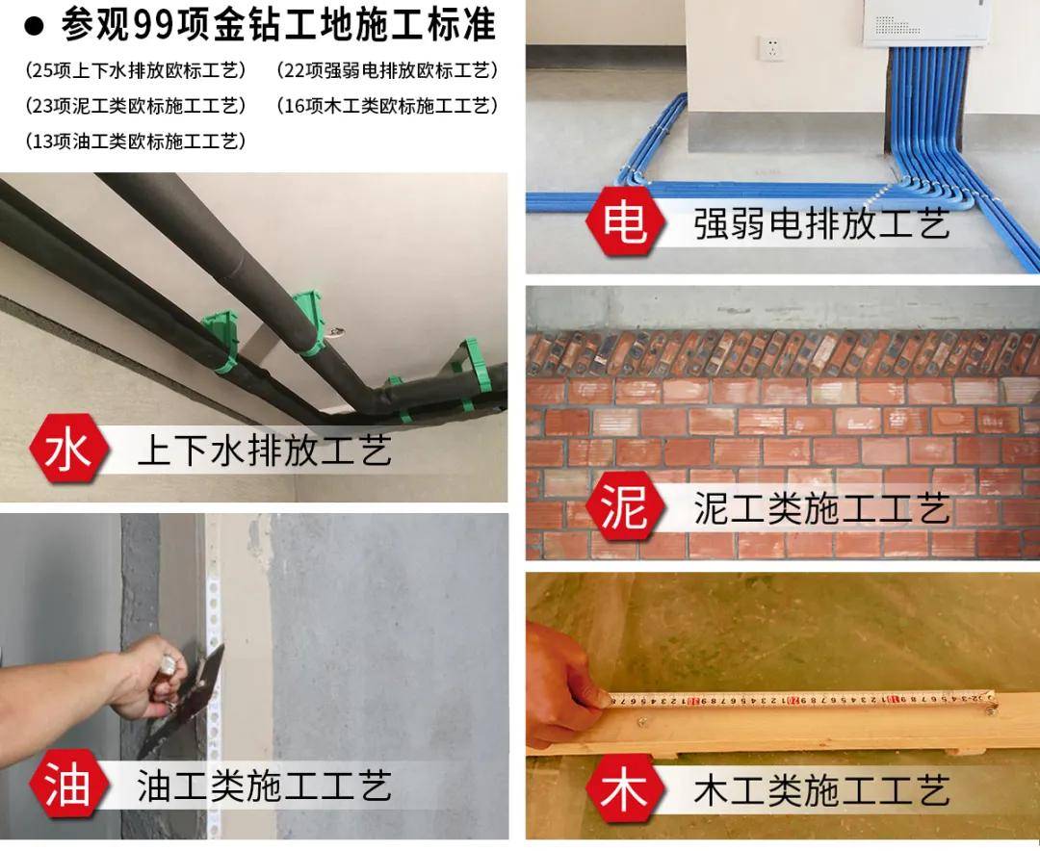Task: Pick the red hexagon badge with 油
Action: (69, 786)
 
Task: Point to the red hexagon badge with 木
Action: (625, 790)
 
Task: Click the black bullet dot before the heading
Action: (34, 27)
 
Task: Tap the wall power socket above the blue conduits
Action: (771, 48)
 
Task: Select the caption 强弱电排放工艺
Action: (821, 222)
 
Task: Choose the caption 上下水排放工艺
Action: (264, 451)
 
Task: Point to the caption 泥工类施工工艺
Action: (821, 509)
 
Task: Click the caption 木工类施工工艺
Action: (821, 790)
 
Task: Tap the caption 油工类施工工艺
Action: (264, 786)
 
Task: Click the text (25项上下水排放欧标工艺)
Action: (136, 70)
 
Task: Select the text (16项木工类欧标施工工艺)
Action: (387, 106)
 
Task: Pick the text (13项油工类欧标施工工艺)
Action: (136, 141)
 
